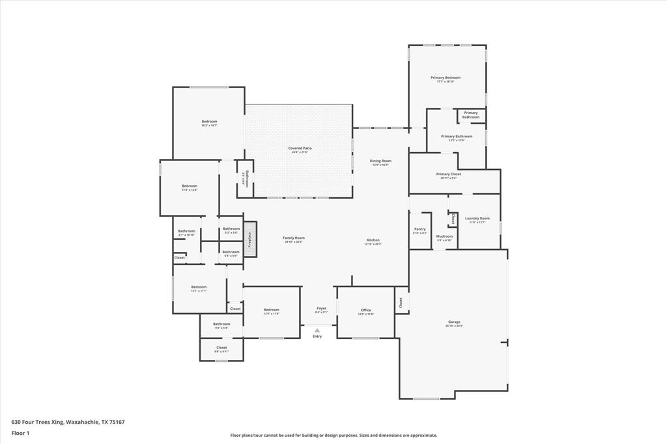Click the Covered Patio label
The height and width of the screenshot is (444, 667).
tap(300, 148)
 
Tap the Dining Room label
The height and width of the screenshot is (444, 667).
tap(380, 161)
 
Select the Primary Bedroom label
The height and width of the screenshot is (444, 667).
tap(446, 78)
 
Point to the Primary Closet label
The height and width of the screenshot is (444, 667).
tap(448, 174)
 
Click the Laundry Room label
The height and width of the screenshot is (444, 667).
tap(477, 219)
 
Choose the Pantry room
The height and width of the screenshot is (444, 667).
tap(420, 230)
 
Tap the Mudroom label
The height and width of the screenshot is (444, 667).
tap(444, 236)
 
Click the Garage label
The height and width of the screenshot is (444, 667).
tap(454, 322)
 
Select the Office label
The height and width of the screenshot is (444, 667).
tap(365, 311)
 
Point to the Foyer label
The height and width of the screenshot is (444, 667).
tap(321, 309)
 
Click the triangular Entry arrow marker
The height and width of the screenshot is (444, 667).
tap(317, 330)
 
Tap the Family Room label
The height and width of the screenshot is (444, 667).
tap(294, 238)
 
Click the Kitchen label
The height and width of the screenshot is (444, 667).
tap(373, 240)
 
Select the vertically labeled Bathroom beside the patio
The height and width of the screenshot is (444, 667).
tap(245, 179)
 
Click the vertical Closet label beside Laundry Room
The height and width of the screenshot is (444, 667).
tap(453, 219)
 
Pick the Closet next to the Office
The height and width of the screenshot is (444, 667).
tap(401, 302)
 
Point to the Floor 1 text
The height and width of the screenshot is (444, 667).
tap(20, 433)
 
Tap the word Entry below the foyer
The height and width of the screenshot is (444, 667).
tap(317, 337)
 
